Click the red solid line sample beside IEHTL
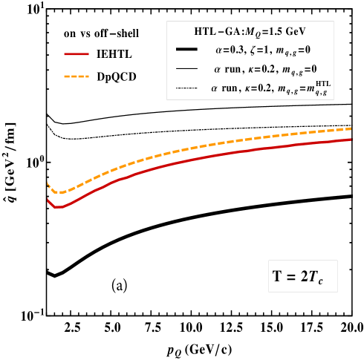[x=77, y=54]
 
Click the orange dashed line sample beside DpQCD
[x=77, y=76]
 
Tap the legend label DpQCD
[x=117, y=76]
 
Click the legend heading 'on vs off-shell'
[x=101, y=33]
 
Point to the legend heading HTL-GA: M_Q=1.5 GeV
[x=250, y=32]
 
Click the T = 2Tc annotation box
[x=302, y=276]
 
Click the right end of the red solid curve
[x=350, y=139]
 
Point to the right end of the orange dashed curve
[x=350, y=128]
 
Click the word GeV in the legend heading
[x=294, y=32]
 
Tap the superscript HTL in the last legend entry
[x=322, y=83]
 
